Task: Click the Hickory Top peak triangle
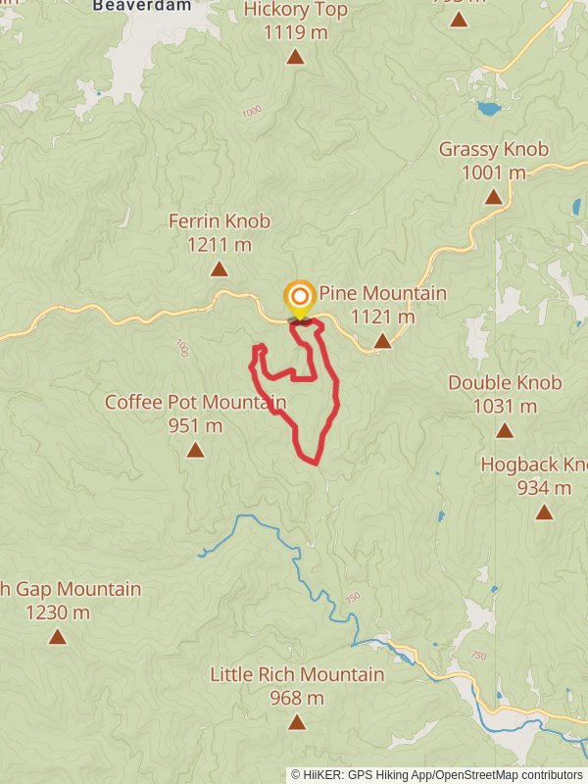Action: [x=295, y=57]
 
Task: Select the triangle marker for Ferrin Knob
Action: [x=220, y=269]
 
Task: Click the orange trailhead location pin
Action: [x=300, y=297]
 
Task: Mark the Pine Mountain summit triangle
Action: [x=383, y=341]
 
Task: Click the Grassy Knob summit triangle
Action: [x=494, y=197]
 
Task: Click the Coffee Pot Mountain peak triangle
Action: [x=196, y=450]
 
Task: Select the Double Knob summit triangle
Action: [x=505, y=430]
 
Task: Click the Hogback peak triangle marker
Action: [x=544, y=512]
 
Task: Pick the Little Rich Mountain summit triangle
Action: [x=297, y=722]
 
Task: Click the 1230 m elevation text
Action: [x=58, y=612]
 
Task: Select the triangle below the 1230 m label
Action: [x=58, y=637]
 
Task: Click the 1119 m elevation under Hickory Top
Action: [x=295, y=32]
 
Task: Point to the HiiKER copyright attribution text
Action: [x=437, y=774]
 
